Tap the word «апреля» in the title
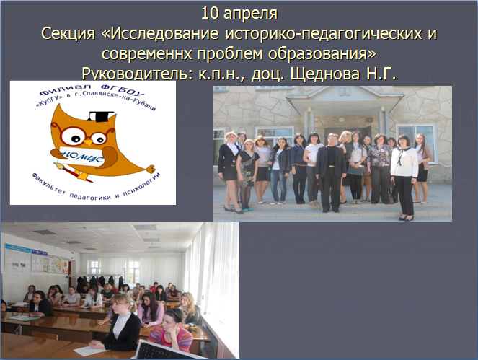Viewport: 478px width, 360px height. tap(251, 14)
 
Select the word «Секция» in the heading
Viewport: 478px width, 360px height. tap(68, 34)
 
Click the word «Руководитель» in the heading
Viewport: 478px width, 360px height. tap(138, 74)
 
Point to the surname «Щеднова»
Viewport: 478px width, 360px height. tap(325, 74)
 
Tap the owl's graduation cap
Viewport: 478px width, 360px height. tap(100, 116)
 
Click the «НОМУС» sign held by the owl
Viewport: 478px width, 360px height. tap(81, 156)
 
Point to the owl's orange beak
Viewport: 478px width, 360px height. tap(88, 142)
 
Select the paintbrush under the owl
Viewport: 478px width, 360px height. tap(73, 172)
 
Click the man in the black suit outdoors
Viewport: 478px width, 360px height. tap(330, 172)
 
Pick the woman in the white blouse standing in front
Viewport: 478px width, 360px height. tap(404, 177)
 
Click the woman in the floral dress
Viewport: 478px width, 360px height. tap(247, 176)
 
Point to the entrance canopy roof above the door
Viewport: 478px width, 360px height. tap(345, 97)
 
